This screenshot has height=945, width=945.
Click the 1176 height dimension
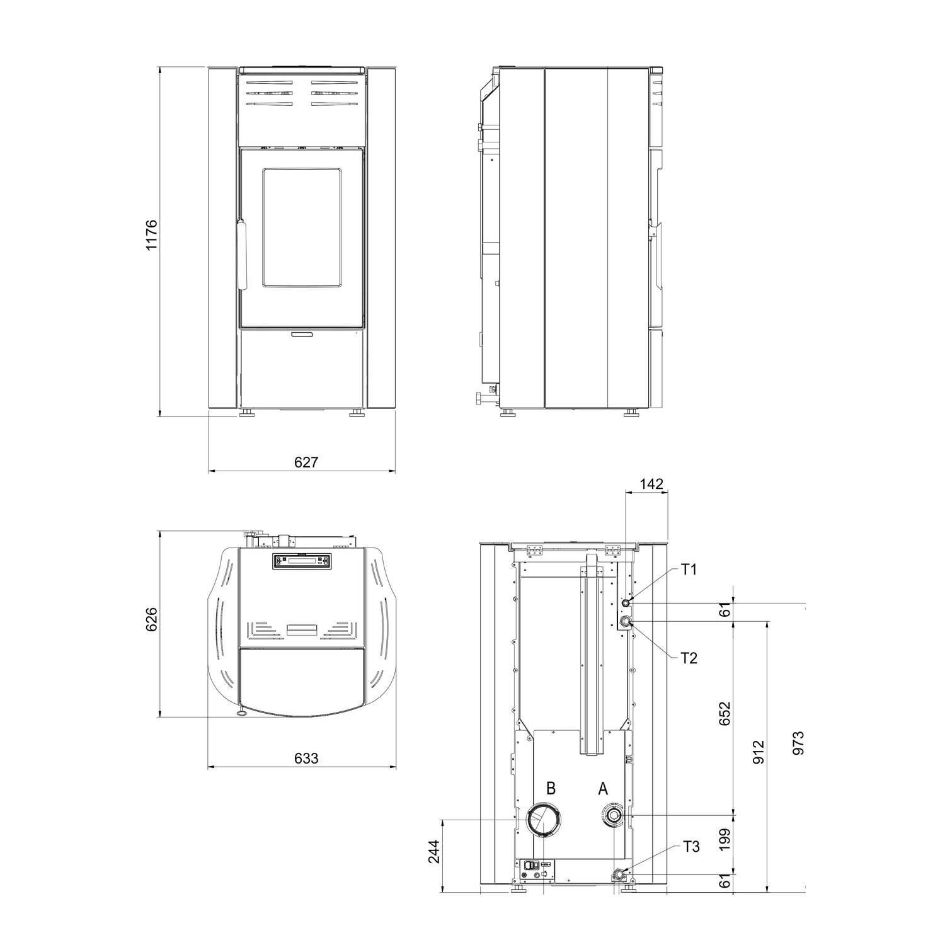click(x=151, y=235)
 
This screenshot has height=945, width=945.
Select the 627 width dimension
click(x=306, y=462)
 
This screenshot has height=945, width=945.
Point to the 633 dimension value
click(x=306, y=758)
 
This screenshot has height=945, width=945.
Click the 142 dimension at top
click(x=651, y=484)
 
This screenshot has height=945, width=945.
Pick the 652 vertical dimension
click(x=724, y=714)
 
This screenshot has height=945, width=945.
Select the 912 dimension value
click(x=759, y=752)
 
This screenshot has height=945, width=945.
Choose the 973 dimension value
click(x=798, y=743)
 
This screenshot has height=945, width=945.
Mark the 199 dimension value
click(x=724, y=841)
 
